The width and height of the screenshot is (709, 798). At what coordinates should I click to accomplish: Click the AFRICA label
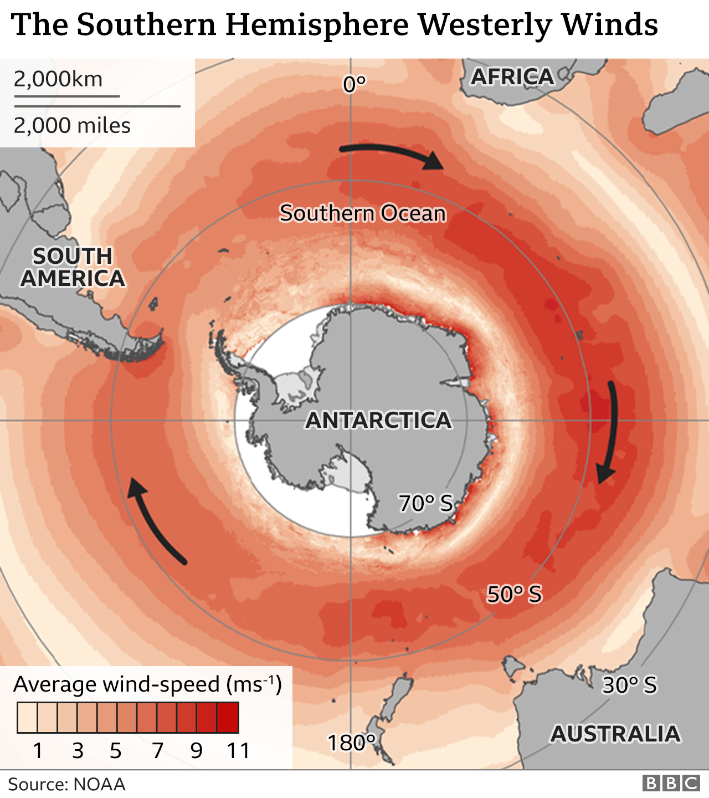pyautogui.click(x=512, y=76)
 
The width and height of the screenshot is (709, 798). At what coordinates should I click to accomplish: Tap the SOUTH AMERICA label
pyautogui.click(x=73, y=267)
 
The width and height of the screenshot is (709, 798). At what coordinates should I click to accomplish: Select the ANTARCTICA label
pyautogui.click(x=378, y=420)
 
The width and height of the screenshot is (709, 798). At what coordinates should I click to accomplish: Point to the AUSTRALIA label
pyautogui.click(x=615, y=734)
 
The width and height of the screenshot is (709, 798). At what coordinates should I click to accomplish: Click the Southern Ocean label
pyautogui.click(x=362, y=213)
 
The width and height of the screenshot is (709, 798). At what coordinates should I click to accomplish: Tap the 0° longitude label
pyautogui.click(x=354, y=84)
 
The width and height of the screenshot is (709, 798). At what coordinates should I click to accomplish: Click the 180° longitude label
pyautogui.click(x=352, y=743)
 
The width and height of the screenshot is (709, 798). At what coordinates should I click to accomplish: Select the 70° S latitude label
pyautogui.click(x=425, y=503)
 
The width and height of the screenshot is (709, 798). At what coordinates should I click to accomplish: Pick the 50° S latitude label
pyautogui.click(x=514, y=594)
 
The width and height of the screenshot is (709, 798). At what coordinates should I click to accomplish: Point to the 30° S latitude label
pyautogui.click(x=629, y=686)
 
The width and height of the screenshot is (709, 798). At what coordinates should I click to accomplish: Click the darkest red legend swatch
pyautogui.click(x=228, y=718)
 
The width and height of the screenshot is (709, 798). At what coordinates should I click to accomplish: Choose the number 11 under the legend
pyautogui.click(x=238, y=750)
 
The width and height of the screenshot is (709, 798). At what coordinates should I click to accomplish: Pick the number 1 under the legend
pyautogui.click(x=38, y=750)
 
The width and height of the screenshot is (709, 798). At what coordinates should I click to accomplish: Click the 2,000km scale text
pyautogui.click(x=58, y=79)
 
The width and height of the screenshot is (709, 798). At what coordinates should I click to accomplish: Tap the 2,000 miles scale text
pyautogui.click(x=72, y=126)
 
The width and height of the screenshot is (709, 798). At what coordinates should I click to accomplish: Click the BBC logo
pyautogui.click(x=671, y=784)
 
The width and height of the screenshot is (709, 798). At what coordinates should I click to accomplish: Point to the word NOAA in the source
pyautogui.click(x=99, y=784)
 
